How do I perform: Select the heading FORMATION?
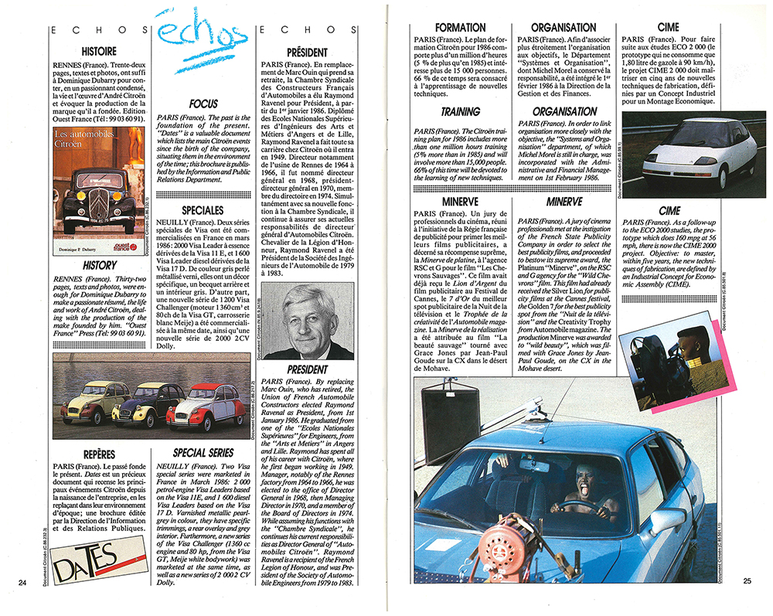click(461, 27)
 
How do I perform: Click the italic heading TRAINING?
click(461, 112)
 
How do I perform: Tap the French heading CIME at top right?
click(669, 27)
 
